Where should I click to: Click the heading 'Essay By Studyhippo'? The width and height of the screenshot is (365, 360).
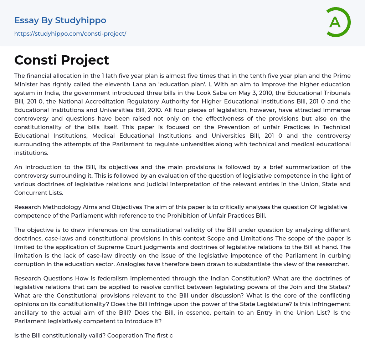coord(60,20)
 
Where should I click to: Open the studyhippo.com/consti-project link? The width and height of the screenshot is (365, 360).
coord(70,34)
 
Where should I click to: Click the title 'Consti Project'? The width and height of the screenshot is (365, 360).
coord(62,60)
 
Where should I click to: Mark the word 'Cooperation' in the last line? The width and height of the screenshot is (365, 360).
coord(123,335)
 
